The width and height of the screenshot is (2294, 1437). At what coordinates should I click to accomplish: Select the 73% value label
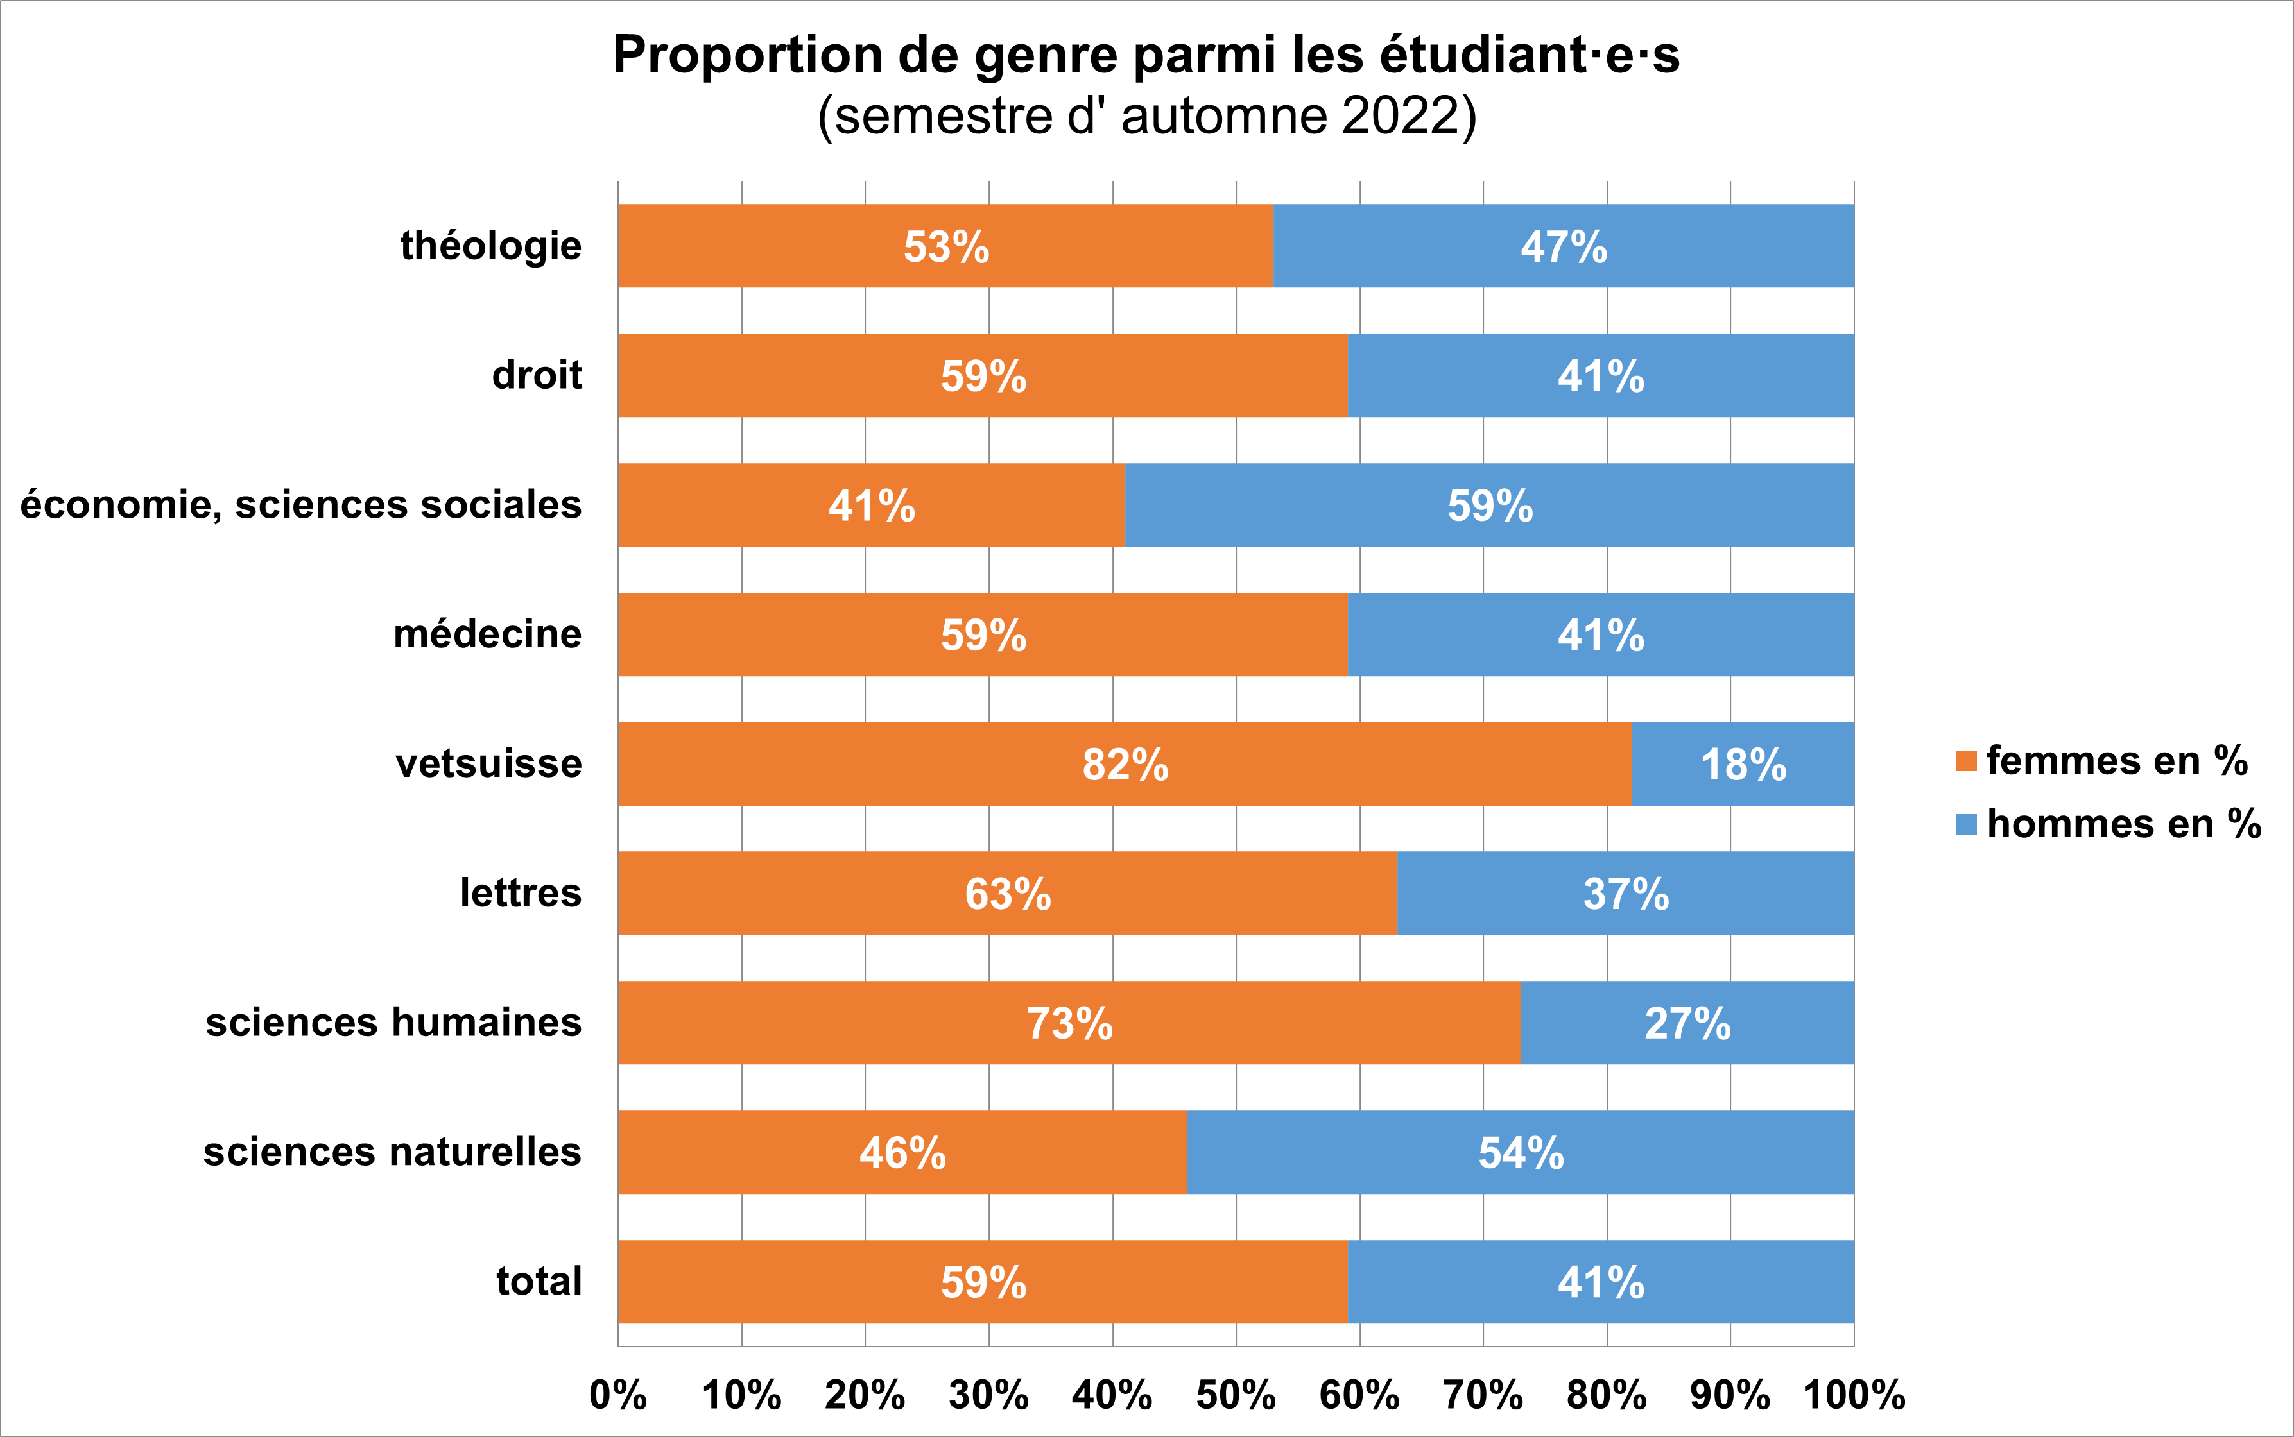(1069, 1024)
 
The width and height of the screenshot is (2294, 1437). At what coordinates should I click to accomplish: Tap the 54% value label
(1520, 1153)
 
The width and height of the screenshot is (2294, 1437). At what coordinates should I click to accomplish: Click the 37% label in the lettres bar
(1626, 894)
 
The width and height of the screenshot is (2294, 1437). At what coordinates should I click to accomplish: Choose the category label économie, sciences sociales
(300, 505)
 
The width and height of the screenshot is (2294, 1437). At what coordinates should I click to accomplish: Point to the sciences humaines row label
(393, 1023)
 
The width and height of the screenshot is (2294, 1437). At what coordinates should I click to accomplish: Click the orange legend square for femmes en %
(1966, 761)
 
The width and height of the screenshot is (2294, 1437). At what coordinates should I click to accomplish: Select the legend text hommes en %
(2123, 824)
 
